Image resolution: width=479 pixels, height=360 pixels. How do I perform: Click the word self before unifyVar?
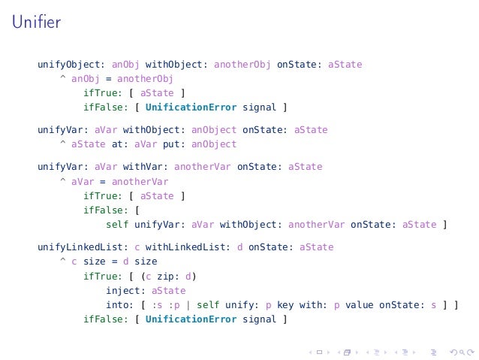(117, 224)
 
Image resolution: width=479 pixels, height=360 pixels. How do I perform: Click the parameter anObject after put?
(214, 144)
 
